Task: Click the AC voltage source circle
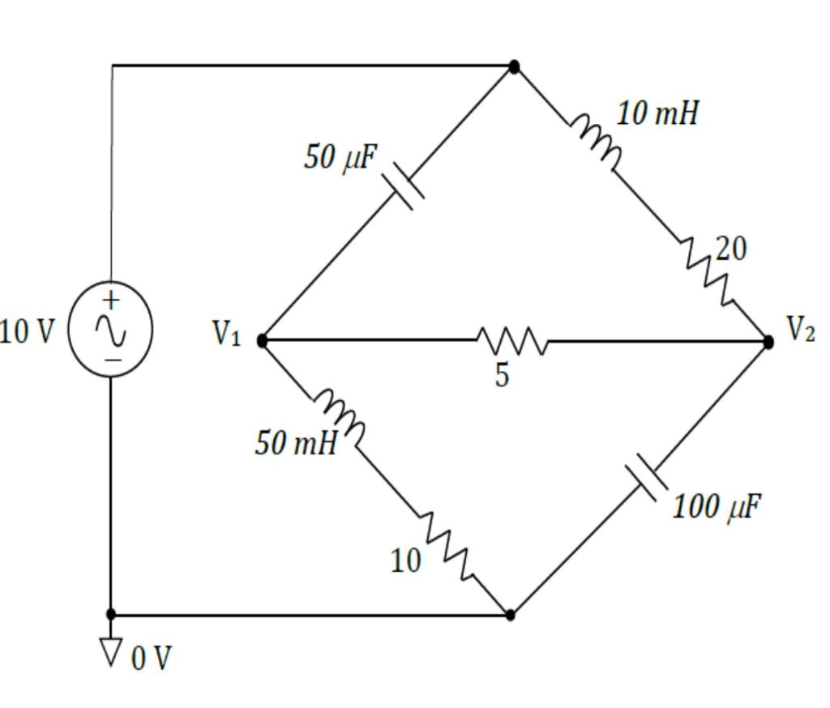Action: (110, 329)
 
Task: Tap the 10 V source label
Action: (28, 331)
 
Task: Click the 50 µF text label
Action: (340, 157)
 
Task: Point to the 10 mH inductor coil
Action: (597, 143)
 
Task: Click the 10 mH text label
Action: (657, 113)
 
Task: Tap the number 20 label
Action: (730, 250)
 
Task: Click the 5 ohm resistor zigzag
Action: (512, 340)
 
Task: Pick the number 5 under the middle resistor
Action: (503, 375)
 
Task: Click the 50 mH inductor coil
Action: (340, 413)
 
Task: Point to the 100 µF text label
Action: (717, 506)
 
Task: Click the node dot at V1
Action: (262, 341)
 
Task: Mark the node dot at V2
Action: (768, 342)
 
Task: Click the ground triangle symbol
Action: (111, 650)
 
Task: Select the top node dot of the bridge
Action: (514, 66)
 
